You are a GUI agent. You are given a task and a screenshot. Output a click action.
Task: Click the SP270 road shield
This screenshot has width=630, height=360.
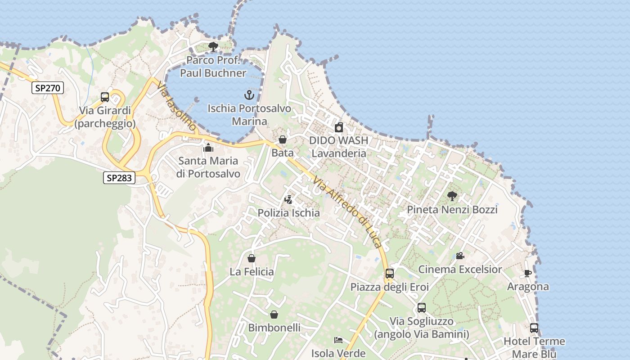47,88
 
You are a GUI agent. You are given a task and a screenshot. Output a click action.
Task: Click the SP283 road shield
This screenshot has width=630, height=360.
119,178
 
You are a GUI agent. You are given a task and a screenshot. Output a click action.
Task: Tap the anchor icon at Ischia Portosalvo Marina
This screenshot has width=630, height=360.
249,95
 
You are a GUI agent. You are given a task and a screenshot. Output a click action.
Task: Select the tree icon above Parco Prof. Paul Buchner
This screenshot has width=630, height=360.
213,46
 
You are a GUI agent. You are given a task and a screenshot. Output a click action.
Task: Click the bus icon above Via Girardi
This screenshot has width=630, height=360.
105,97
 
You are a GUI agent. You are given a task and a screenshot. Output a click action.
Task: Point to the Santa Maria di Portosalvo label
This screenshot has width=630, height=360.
208,167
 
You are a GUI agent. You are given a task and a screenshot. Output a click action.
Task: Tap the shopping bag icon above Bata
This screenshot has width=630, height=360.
283,139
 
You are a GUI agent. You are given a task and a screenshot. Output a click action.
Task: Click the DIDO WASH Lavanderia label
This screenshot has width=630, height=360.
339,147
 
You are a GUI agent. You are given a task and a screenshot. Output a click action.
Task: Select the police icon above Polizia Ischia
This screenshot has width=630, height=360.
288,199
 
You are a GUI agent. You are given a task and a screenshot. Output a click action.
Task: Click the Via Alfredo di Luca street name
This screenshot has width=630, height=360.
348,211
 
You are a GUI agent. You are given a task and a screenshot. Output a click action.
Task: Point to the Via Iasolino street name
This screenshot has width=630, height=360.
177,106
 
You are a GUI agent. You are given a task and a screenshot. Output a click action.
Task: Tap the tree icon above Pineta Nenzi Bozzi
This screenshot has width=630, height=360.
452,196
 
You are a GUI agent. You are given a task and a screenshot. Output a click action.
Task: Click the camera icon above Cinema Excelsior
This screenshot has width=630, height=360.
460,256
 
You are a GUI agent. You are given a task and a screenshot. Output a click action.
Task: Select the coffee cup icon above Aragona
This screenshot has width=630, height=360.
528,273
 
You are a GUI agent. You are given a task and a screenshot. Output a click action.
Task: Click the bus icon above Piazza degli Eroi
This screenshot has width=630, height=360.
390,273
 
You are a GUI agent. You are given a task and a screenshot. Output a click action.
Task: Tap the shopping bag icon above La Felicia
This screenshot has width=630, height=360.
252,258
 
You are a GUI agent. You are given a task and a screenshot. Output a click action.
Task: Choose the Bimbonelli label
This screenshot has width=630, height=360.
274,328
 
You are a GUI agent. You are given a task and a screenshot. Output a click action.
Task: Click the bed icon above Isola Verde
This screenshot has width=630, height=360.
338,340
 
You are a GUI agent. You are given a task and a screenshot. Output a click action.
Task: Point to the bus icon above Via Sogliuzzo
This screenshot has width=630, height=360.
422,308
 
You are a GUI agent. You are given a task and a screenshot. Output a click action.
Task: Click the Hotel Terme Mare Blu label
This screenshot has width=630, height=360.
534,347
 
